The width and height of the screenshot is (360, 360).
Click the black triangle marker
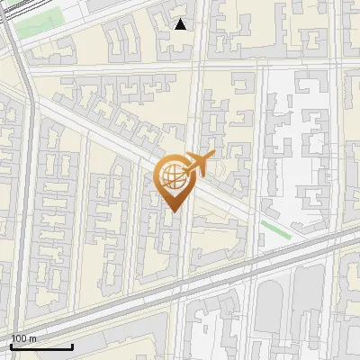click(181, 24)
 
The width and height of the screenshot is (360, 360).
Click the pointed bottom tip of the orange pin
click(174, 211)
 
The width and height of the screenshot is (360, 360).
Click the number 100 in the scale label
click(18, 338)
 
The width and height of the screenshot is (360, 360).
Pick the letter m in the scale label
click(33, 338)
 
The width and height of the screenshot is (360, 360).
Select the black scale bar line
click(41, 346)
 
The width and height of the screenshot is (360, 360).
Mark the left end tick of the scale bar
click(11, 345)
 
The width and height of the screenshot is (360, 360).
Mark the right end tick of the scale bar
click(72, 345)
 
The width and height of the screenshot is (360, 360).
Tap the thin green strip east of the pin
click(275, 229)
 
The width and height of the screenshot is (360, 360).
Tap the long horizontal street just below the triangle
click(180, 66)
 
